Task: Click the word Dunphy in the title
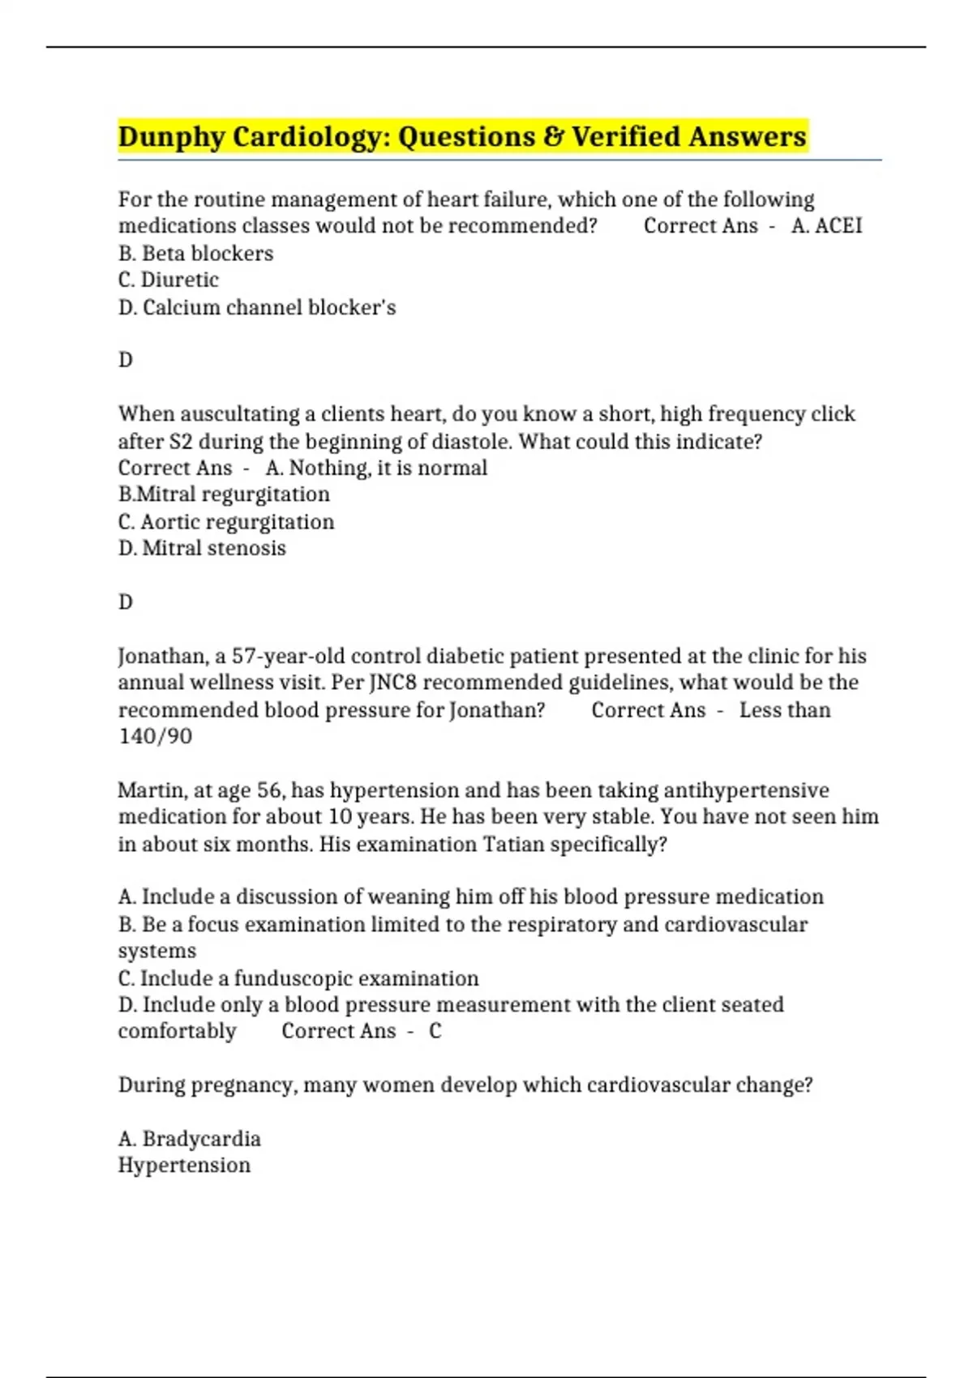tap(171, 136)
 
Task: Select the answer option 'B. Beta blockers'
tap(195, 253)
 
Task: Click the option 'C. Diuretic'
tap(169, 280)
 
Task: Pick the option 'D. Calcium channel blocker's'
tap(257, 307)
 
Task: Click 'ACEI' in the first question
tap(838, 225)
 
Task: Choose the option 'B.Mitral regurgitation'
tap(224, 494)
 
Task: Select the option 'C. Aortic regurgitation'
tap(226, 521)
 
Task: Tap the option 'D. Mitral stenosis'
tap(202, 548)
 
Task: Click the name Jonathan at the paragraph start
tap(163, 656)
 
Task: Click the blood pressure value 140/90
tap(155, 736)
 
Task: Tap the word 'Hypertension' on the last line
tap(184, 1165)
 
